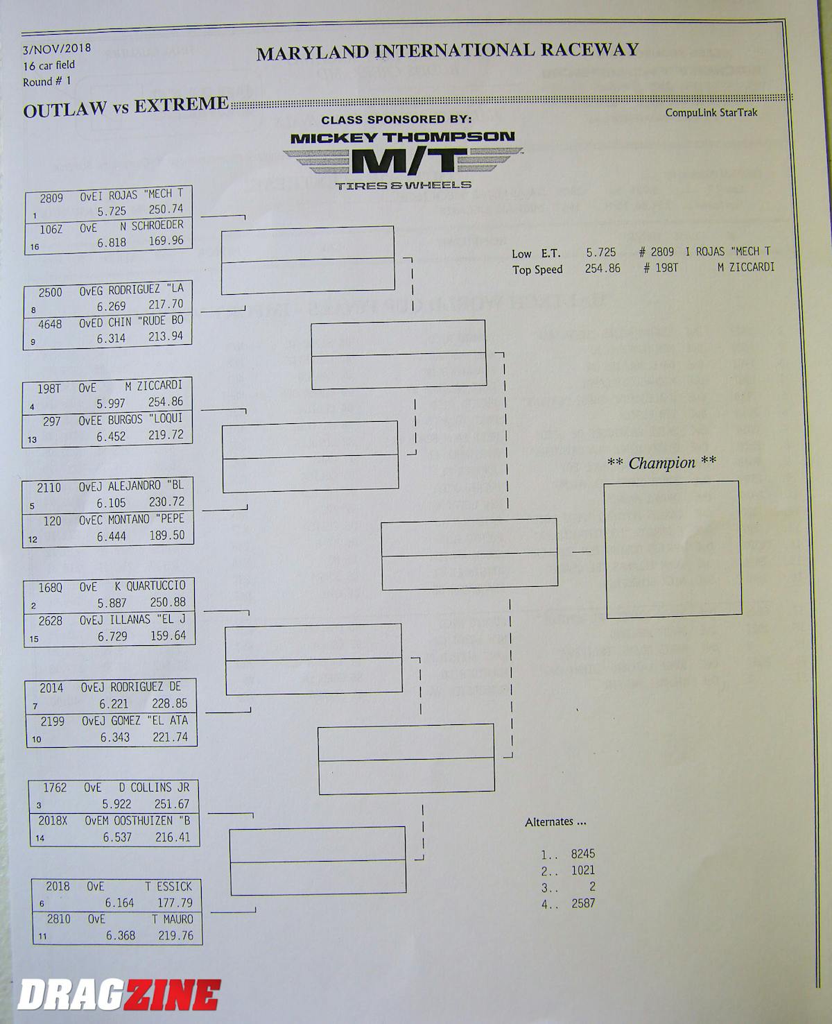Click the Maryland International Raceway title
[447, 51]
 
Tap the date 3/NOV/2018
[55, 49]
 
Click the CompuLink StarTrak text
[711, 112]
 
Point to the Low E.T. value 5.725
[600, 253]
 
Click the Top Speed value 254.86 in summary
[602, 268]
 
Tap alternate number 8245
[582, 854]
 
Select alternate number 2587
[582, 903]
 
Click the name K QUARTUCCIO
[150, 587]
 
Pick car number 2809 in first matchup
[51, 198]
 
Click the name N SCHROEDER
[157, 225]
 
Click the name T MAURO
[172, 919]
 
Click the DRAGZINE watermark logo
[119, 994]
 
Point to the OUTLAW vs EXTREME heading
[125, 108]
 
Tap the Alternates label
[555, 822]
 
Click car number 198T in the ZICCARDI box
[49, 389]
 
